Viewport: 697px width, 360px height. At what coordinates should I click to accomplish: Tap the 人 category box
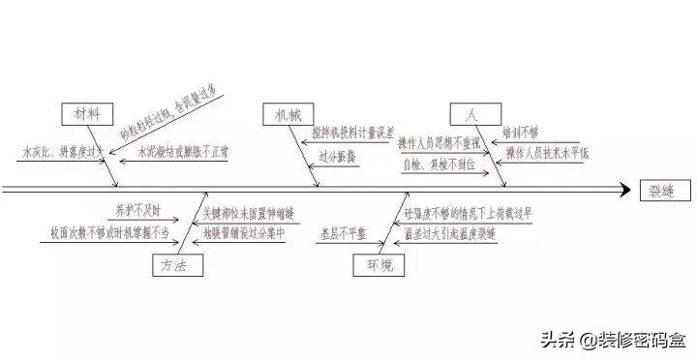point(471,114)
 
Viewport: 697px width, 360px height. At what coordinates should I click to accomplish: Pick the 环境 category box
point(373,264)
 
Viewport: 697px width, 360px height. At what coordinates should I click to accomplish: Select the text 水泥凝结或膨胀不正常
point(182,152)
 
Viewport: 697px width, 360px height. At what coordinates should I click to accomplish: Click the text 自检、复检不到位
point(439,166)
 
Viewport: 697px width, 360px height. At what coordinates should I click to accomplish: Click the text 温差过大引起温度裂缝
point(449,234)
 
